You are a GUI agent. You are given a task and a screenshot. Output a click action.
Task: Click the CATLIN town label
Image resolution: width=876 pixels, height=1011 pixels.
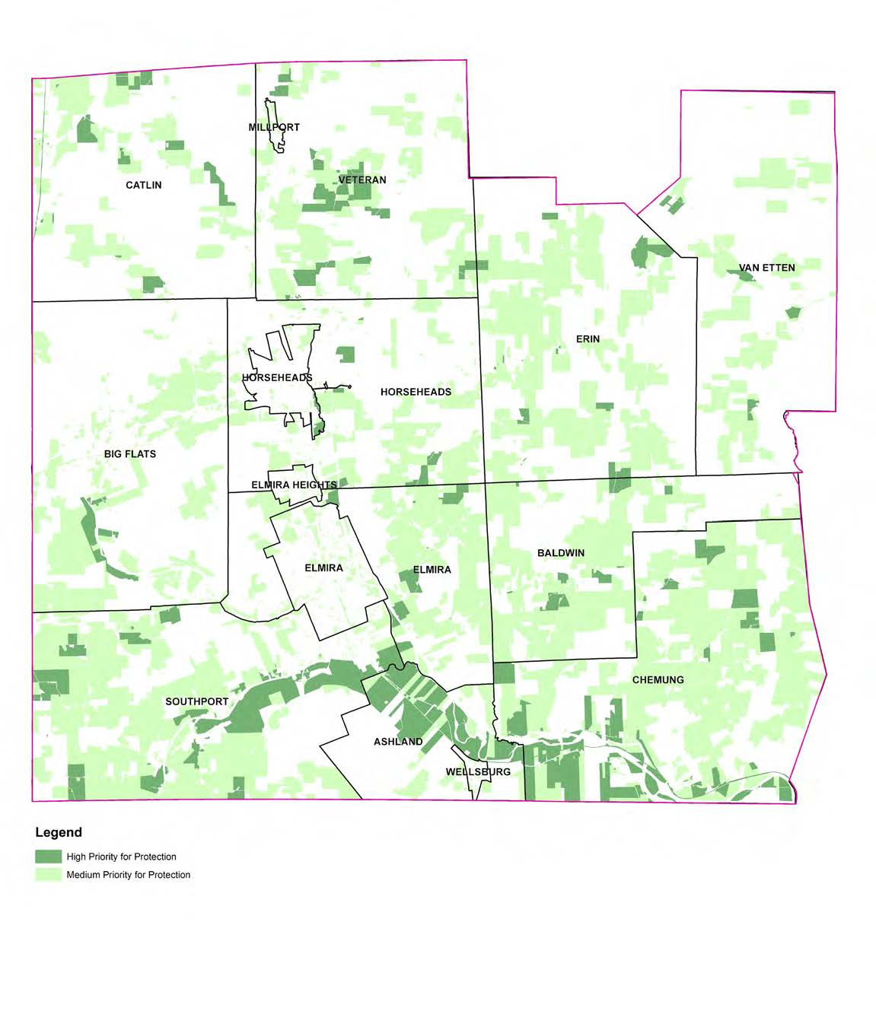point(143,185)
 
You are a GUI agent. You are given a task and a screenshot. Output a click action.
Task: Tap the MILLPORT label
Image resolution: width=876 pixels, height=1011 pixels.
point(274,127)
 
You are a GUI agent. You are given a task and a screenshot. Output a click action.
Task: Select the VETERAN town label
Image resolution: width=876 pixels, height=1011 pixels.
point(362,180)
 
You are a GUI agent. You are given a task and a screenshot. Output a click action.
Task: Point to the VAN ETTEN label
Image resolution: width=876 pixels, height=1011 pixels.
point(766,268)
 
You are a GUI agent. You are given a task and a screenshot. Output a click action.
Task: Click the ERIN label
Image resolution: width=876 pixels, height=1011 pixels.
point(588,339)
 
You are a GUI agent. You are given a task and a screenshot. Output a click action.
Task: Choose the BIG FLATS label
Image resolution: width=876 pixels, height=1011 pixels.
point(130,454)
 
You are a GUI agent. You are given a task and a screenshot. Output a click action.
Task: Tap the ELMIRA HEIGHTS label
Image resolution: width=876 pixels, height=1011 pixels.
point(294,485)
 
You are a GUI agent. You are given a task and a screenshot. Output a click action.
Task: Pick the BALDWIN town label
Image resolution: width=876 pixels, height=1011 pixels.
point(561,553)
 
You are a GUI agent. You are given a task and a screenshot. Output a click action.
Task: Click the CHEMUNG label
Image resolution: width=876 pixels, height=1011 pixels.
point(658,680)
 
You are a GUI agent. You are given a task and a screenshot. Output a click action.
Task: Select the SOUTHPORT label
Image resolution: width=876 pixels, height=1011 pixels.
point(196,701)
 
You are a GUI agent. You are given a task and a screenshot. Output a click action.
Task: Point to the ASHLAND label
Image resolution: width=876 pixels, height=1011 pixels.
point(398,742)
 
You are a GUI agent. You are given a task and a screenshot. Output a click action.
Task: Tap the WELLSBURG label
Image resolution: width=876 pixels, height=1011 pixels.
point(478,772)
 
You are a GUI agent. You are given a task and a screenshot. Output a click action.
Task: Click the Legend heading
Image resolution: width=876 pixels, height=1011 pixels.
point(59,832)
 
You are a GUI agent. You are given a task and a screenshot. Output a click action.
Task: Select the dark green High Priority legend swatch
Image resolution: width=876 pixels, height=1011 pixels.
point(48,857)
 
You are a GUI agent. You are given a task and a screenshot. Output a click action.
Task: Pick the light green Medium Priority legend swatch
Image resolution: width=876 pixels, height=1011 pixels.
point(48,875)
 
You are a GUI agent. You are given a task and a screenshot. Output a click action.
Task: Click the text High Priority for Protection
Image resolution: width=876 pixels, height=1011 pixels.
point(121,857)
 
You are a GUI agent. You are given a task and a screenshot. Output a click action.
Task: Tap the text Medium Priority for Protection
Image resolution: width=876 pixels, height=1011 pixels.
point(128,875)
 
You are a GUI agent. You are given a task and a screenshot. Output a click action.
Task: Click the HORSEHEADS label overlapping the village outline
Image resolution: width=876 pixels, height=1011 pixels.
point(277,378)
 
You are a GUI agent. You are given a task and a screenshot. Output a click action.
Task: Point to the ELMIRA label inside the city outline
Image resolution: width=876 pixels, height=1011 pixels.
point(323,568)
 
